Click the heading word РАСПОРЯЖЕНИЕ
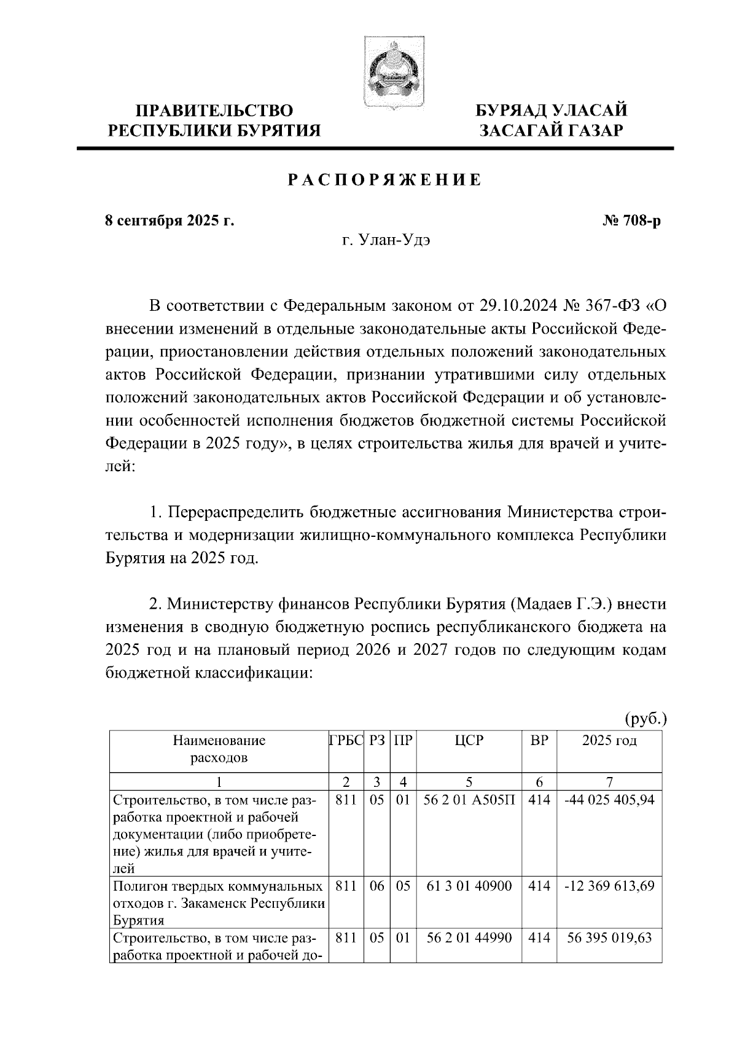point(384,181)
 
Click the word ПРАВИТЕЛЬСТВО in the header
point(214,111)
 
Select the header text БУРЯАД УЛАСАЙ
point(552,111)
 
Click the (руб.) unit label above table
point(645,718)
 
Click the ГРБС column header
point(346,740)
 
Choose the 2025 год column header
point(609,740)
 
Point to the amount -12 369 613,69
point(609,886)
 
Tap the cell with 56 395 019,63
point(609,938)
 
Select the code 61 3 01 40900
point(469,886)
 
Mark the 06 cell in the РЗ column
point(376,886)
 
